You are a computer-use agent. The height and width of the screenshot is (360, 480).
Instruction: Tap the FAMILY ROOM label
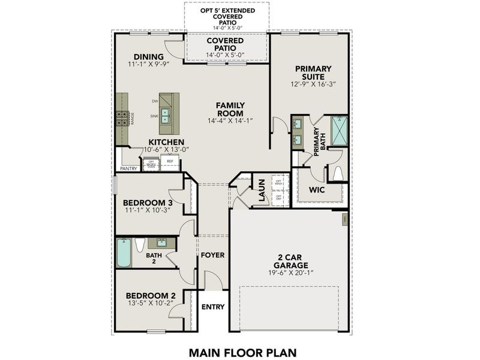tap(230, 109)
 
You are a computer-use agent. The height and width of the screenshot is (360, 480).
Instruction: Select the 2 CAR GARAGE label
tap(289, 261)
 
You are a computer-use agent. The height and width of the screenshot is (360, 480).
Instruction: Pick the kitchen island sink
tap(164, 116)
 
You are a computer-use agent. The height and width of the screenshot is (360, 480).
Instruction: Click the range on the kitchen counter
tap(122, 116)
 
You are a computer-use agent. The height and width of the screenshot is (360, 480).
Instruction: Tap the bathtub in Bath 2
tap(124, 253)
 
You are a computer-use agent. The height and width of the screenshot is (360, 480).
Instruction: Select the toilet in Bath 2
tap(140, 245)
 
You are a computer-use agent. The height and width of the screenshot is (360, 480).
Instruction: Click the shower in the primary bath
tap(339, 131)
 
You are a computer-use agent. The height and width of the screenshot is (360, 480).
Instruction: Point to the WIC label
tap(316, 190)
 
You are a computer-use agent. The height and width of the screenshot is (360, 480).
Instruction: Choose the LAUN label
tap(262, 191)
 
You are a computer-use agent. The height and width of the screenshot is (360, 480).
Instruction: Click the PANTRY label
tap(128, 169)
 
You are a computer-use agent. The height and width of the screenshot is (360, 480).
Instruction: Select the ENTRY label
tap(212, 307)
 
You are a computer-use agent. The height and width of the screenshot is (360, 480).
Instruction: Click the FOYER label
tap(212, 255)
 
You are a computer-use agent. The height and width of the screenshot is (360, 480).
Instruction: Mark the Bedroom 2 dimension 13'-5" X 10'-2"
tap(150, 304)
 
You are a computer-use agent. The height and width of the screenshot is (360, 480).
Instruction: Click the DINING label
tap(149, 57)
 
